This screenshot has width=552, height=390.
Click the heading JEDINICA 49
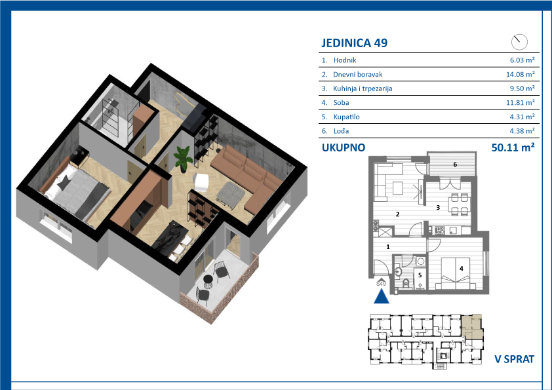click(354, 43)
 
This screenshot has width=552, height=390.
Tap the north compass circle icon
click(519, 42)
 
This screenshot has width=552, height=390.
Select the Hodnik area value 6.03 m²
click(522, 60)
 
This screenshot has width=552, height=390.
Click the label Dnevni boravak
click(358, 75)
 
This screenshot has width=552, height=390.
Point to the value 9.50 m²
click(522, 88)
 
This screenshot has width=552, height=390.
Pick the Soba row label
click(341, 103)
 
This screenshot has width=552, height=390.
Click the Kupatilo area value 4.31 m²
click(522, 117)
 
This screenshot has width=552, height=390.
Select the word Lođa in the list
click(341, 131)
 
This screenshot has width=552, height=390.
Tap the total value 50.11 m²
click(513, 147)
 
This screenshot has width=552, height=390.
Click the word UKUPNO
click(344, 147)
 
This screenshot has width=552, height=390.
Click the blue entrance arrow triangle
click(382, 296)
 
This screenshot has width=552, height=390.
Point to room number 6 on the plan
click(455, 165)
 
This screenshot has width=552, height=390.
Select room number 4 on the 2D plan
click(461, 269)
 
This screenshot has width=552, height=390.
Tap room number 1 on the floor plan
click(388, 246)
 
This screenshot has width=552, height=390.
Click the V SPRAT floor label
click(515, 359)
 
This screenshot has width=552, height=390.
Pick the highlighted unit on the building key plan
click(472, 326)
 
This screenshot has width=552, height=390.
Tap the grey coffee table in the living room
click(231, 193)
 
